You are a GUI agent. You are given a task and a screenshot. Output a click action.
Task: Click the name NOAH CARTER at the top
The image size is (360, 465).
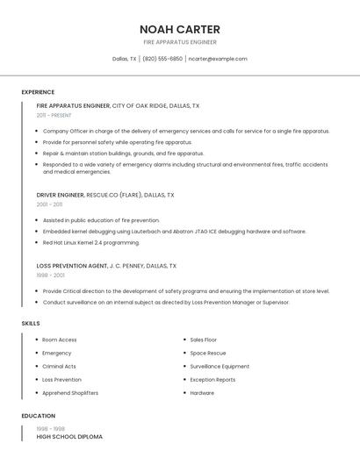coord(180,29)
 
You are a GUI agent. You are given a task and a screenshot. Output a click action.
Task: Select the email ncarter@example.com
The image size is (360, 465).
coord(218,59)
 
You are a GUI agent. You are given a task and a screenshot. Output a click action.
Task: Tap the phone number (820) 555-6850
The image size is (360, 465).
coord(162,59)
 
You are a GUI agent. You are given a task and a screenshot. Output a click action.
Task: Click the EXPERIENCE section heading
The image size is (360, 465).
coord(38,92)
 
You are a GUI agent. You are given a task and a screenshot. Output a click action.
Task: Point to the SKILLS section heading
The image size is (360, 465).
coord(31,324)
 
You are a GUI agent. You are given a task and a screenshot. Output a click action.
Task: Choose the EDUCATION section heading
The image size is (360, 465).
coord(39,416)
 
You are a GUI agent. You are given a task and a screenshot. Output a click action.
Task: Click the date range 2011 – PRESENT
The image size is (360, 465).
coord(54,115)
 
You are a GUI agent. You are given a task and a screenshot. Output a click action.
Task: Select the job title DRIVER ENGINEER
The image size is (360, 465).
coord(61,195)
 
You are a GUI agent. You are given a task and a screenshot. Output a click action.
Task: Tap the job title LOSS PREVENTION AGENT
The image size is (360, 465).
coord(71,265)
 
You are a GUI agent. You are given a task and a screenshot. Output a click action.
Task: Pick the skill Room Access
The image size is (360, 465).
coord(60,340)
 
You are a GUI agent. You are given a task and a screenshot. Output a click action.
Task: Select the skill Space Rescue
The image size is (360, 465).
coord(208,353)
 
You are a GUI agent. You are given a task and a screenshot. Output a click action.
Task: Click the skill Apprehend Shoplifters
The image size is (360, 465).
coord(70,393)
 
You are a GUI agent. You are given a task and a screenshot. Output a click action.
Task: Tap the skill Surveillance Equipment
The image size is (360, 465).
coord(220,366)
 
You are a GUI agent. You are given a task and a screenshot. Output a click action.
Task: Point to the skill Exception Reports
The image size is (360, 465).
coord(212,380)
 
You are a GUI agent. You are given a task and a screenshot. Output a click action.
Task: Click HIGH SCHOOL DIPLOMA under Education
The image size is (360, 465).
coord(69,436)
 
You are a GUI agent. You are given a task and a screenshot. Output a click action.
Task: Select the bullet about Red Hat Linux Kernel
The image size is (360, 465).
coord(91,242)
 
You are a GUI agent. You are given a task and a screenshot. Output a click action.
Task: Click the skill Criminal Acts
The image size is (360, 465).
coord(59,366)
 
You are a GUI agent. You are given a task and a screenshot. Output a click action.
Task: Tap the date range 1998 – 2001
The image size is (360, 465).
coord(50,275)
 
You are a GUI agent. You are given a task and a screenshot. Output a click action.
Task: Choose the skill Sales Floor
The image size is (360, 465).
coord(204,340)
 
